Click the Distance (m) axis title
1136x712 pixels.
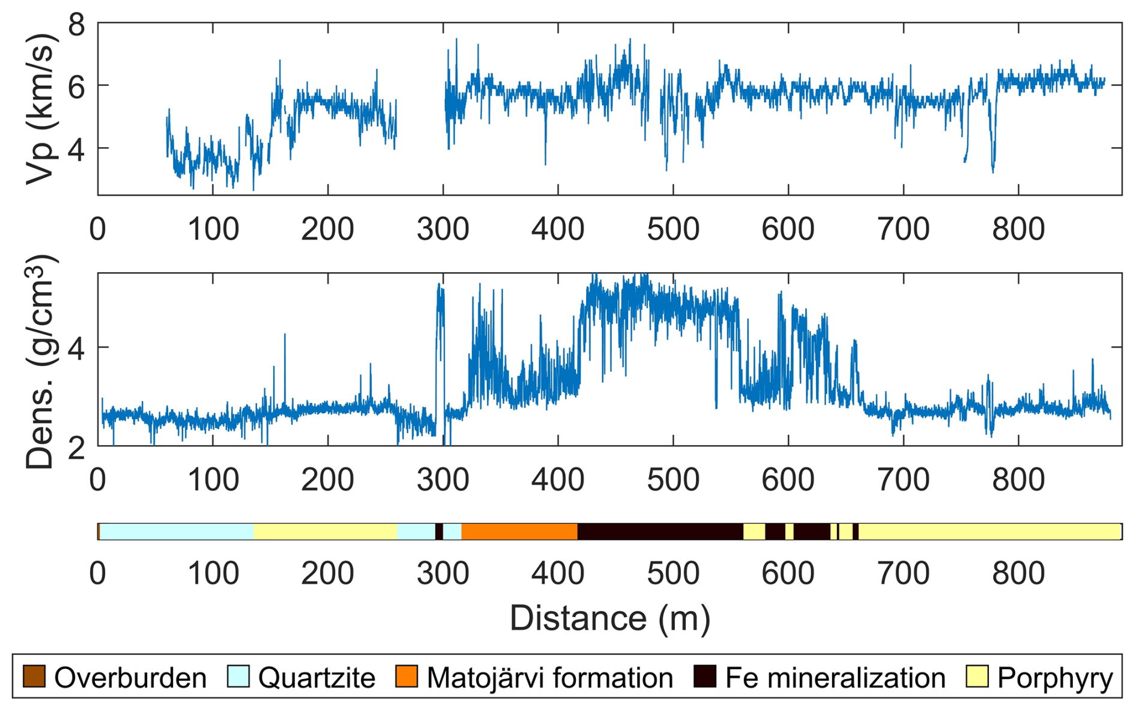tap(609, 618)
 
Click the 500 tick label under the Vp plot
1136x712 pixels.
tap(672, 230)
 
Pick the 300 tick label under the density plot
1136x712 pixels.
tap(443, 479)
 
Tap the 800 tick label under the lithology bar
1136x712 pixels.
tap(1018, 573)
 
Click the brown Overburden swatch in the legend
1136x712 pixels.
tap(34, 677)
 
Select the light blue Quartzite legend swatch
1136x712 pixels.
tap(238, 677)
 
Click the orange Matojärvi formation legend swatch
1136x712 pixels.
tap(406, 677)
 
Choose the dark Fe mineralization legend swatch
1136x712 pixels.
tap(704, 677)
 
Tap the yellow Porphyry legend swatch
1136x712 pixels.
tap(977, 677)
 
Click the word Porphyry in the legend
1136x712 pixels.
tap(1054, 678)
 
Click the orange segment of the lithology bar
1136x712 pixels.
tap(519, 532)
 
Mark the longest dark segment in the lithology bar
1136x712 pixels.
tap(660, 532)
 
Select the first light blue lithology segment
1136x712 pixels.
tap(177, 532)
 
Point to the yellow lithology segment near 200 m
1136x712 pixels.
tap(325, 532)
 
